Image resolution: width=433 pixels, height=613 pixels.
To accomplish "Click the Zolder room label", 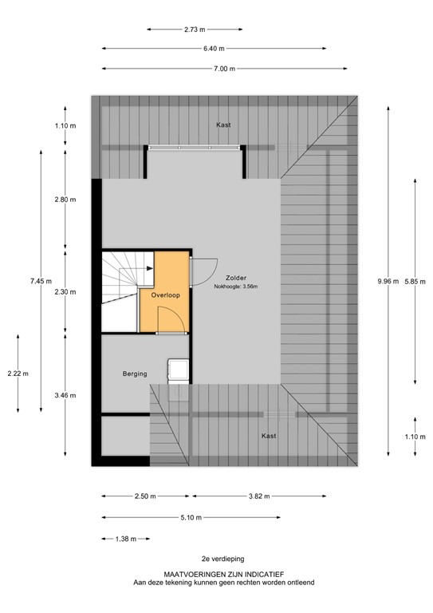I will point(237,278).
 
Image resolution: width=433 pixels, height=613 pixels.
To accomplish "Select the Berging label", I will point(135,373).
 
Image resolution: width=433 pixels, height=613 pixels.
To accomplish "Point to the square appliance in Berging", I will point(177,370).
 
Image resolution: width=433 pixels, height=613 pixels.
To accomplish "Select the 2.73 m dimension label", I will point(195,30).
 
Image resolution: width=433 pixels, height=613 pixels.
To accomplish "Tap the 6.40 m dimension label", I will point(213,49).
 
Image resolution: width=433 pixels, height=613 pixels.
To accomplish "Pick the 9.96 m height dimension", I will point(388,280).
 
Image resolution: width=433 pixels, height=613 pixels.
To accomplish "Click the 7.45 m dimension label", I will point(41,280).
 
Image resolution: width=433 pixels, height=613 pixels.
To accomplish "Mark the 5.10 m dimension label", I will point(191,517).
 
